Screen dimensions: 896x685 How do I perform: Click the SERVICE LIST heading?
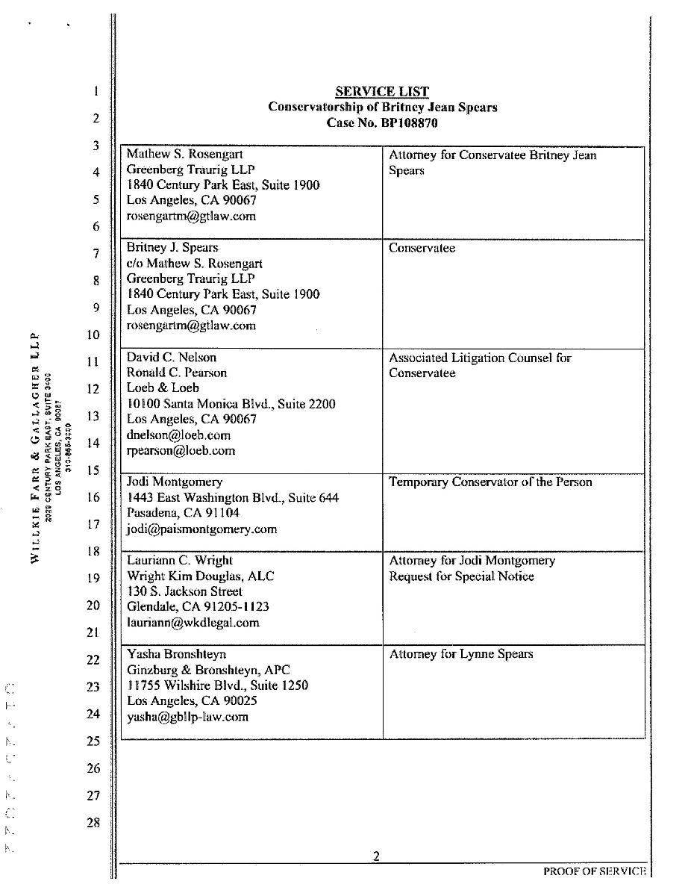[x=382, y=92]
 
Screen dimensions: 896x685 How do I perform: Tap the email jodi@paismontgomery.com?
[x=201, y=529]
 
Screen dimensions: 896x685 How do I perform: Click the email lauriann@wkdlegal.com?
[x=193, y=623]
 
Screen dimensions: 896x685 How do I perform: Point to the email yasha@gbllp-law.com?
[x=187, y=717]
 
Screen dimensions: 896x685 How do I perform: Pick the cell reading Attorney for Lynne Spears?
[x=461, y=655]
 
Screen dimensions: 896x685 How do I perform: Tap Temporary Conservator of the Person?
[x=490, y=482]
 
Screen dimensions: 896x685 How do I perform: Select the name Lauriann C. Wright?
[x=180, y=561]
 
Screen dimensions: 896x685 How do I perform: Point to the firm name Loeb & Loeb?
[x=163, y=388]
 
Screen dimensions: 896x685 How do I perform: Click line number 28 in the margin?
[x=93, y=823]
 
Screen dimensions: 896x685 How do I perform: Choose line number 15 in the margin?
[x=93, y=470]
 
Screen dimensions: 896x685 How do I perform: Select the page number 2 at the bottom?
[x=377, y=857]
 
